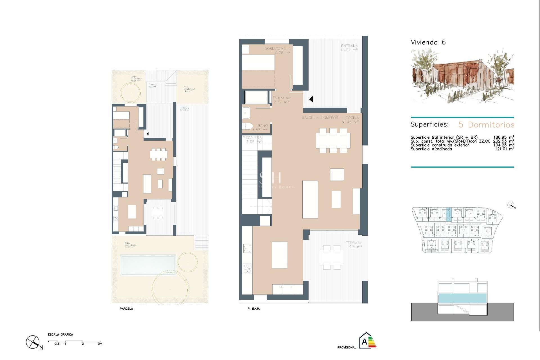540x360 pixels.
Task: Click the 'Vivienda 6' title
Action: (428, 42)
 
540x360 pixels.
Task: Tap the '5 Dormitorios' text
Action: (486, 125)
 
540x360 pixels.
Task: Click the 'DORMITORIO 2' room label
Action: (277, 49)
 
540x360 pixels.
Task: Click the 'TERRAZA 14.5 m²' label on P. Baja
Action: (354, 244)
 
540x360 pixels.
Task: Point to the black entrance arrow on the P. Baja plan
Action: (311, 99)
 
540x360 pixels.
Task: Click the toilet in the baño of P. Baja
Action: (248, 126)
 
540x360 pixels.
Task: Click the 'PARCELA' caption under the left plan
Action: (126, 309)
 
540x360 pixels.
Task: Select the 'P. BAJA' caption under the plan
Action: (253, 309)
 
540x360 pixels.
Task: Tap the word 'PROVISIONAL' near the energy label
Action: (346, 347)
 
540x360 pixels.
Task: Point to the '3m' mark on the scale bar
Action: (100, 344)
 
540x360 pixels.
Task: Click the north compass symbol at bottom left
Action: (33, 342)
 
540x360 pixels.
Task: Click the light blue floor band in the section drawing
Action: (462, 298)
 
